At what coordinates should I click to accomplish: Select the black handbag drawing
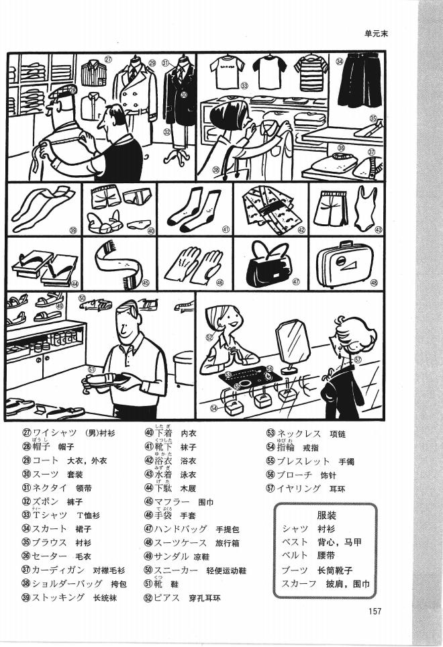pyautogui.click(x=266, y=264)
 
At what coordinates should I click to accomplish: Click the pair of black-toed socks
pyautogui.click(x=193, y=207)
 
